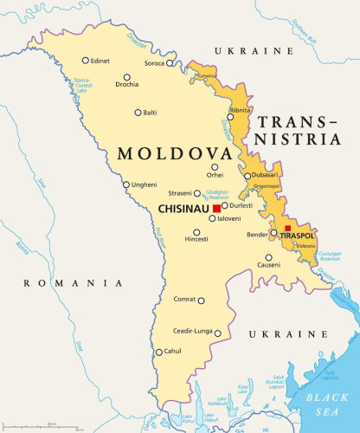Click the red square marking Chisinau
[215, 208]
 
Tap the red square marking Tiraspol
[287, 229]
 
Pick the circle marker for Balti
[138, 112]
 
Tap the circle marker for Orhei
[215, 167]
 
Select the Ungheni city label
[145, 184]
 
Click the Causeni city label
[268, 264]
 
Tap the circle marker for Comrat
[201, 301]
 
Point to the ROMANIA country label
[73, 283]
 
